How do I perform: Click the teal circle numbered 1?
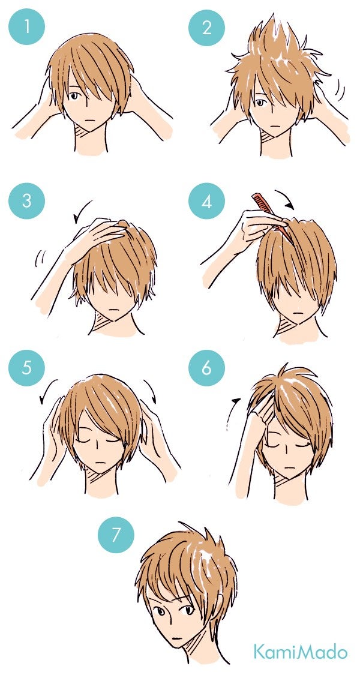point(26,26)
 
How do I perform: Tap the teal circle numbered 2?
point(206,28)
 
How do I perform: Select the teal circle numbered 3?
point(26,201)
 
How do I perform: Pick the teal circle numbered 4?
point(206,201)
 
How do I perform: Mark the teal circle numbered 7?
point(116,535)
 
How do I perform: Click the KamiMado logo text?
point(300,652)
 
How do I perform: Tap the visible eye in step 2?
point(260,103)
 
